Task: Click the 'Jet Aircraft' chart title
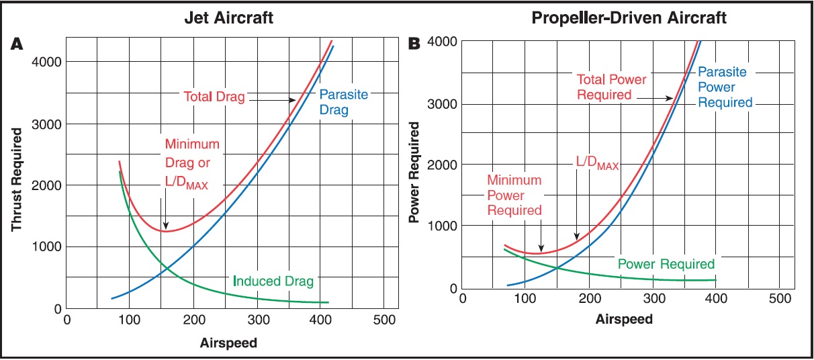229,18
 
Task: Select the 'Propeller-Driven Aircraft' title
629,18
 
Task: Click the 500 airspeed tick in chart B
778,298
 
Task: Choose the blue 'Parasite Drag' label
343,101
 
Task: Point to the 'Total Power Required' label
611,87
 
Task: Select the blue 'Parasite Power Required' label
724,87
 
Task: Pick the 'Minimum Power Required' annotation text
514,195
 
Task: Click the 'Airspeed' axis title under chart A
229,343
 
